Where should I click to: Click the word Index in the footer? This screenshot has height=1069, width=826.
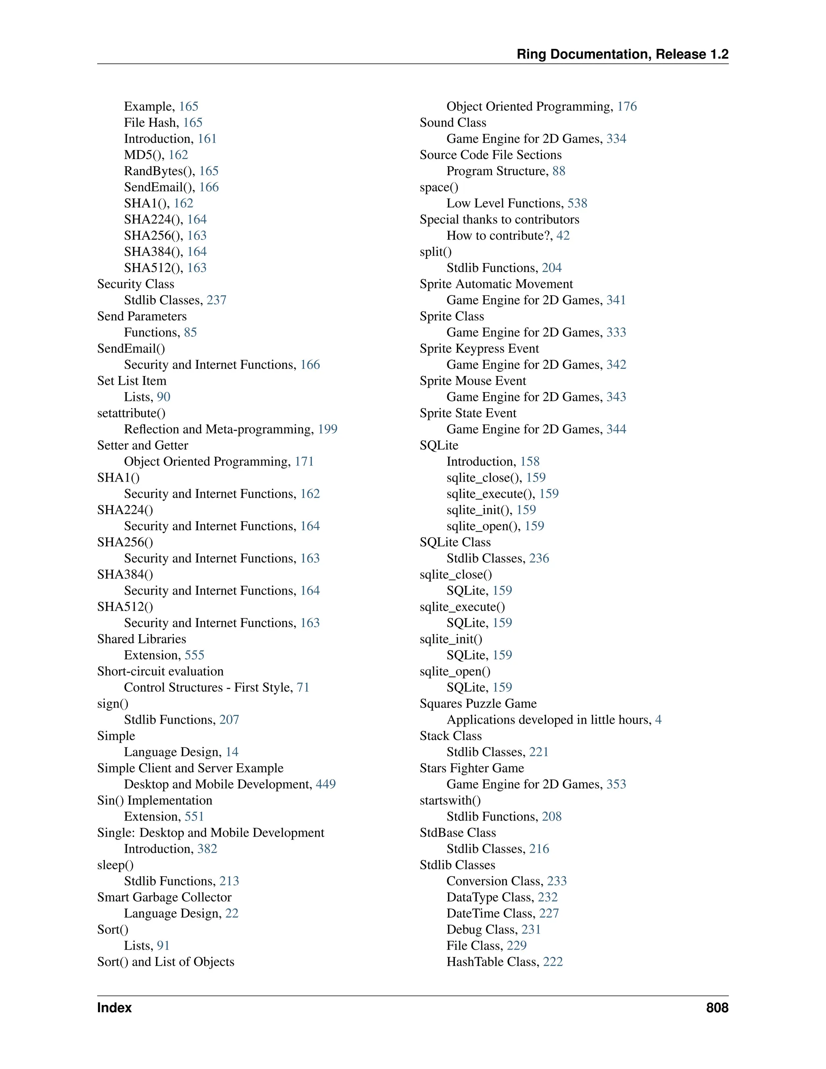[114, 1007]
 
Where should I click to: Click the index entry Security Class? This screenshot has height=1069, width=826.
[136, 284]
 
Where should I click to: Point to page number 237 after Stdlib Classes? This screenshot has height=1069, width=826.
[216, 300]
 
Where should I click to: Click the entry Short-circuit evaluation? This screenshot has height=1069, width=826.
[160, 671]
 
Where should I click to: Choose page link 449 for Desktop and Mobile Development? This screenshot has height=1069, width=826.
[325, 784]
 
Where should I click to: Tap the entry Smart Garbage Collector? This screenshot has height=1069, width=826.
[164, 897]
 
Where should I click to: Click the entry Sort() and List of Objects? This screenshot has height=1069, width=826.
[165, 962]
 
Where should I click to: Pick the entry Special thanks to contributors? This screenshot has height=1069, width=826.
[499, 219]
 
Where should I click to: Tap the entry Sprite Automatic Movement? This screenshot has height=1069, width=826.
[496, 284]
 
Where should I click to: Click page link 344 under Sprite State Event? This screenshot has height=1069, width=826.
[616, 429]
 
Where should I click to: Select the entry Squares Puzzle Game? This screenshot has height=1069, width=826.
[478, 704]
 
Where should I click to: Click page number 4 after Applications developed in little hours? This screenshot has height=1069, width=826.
[658, 720]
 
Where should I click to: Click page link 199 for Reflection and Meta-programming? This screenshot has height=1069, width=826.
[327, 429]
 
